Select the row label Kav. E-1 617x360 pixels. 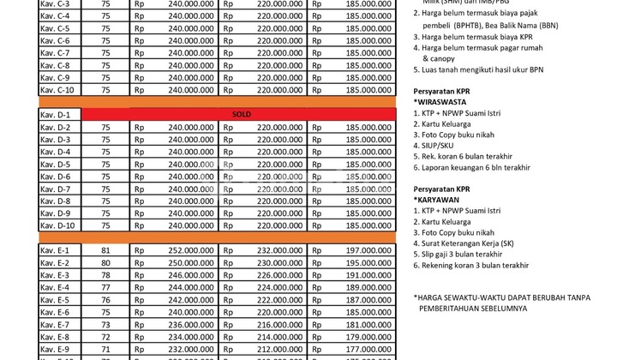pos(55,250)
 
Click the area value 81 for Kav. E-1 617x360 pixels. pos(105,250)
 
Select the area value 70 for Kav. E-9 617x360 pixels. pos(105,350)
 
